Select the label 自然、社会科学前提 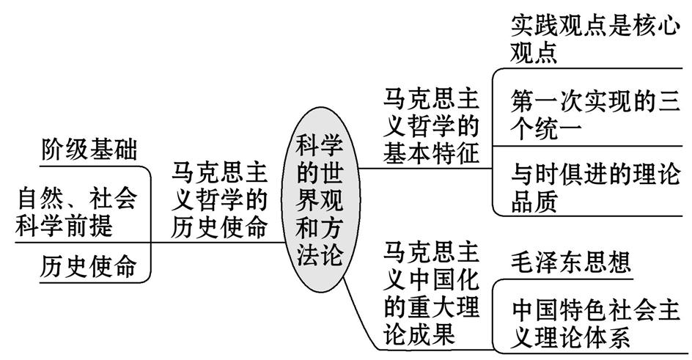pyautogui.click(x=76, y=210)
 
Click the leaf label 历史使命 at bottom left pyautogui.click(x=88, y=265)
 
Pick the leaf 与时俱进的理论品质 pyautogui.click(x=594, y=188)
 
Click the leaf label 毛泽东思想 pyautogui.click(x=571, y=261)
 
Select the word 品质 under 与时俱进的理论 pyautogui.click(x=534, y=202)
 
